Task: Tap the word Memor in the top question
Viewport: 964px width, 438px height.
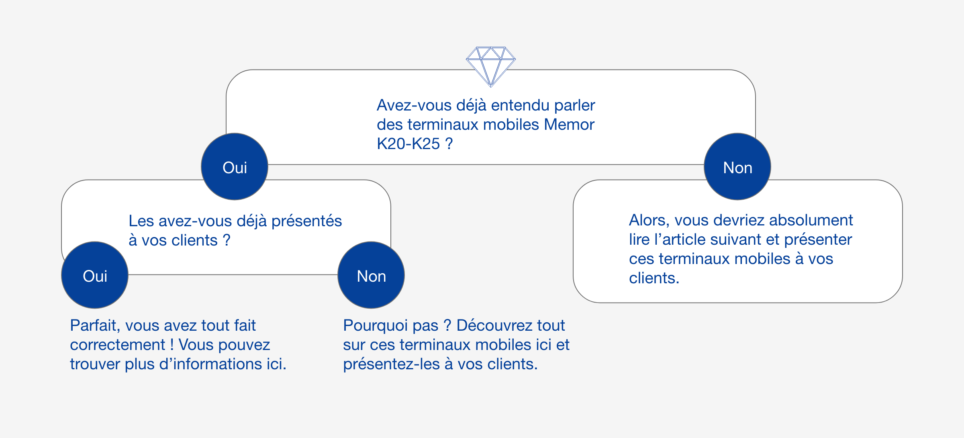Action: pos(569,125)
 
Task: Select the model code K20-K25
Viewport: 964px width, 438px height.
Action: pos(408,144)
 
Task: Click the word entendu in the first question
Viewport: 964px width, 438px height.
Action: pos(520,105)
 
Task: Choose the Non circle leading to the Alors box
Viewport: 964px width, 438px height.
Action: pos(737,167)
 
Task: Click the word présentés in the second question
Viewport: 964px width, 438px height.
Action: pos(306,221)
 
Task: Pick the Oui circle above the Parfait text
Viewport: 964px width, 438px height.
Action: pos(95,275)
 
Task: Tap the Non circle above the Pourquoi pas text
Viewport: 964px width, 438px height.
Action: pos(371,275)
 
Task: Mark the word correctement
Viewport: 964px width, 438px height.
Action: pos(117,345)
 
